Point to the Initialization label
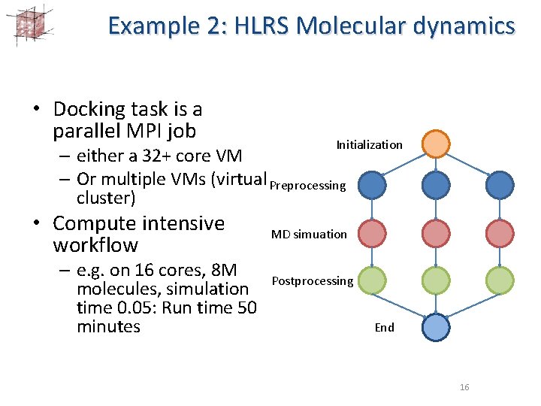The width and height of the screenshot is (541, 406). pos(369,144)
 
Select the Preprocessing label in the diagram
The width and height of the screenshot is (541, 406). pos(307,185)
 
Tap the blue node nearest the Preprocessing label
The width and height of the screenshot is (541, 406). pos(370,185)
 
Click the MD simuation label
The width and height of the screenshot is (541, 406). pos(309,234)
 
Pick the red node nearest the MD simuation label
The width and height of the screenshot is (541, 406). pos(371,234)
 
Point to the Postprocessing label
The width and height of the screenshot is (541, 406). pos(312,281)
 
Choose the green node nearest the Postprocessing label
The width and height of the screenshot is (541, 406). pos(371,281)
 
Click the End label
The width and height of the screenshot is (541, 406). pos(384,327)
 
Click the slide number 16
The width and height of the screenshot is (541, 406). pos(464,386)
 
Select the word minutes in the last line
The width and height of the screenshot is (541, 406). pos(108,326)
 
